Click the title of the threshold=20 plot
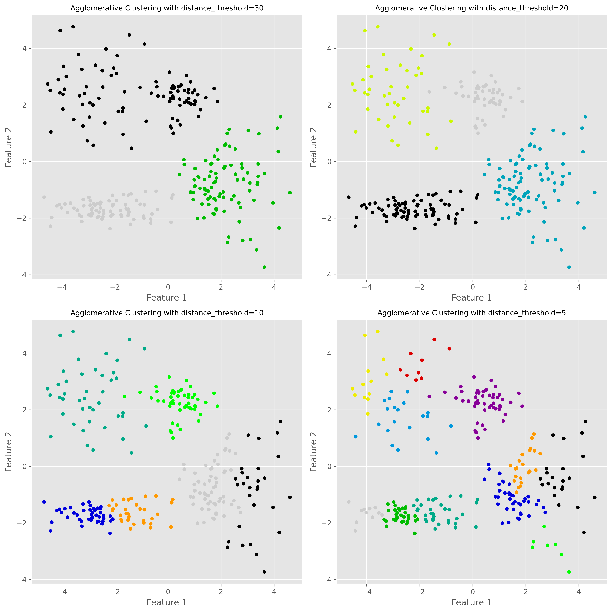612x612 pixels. pyautogui.click(x=472, y=8)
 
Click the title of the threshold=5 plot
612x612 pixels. pyautogui.click(x=472, y=313)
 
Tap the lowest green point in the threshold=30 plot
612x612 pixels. pyautogui.click(x=264, y=267)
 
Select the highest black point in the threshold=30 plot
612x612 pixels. pyautogui.click(x=73, y=27)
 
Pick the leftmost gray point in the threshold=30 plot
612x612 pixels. pyautogui.click(x=44, y=197)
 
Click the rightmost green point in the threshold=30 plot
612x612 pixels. pyautogui.click(x=290, y=193)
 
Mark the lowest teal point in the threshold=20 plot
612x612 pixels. pyautogui.click(x=569, y=267)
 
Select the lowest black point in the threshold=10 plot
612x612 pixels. pyautogui.click(x=264, y=572)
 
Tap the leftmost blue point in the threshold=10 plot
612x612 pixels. pyautogui.click(x=44, y=502)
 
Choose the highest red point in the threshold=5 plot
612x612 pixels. pyautogui.click(x=434, y=340)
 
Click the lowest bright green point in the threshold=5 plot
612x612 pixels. pyautogui.click(x=569, y=572)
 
